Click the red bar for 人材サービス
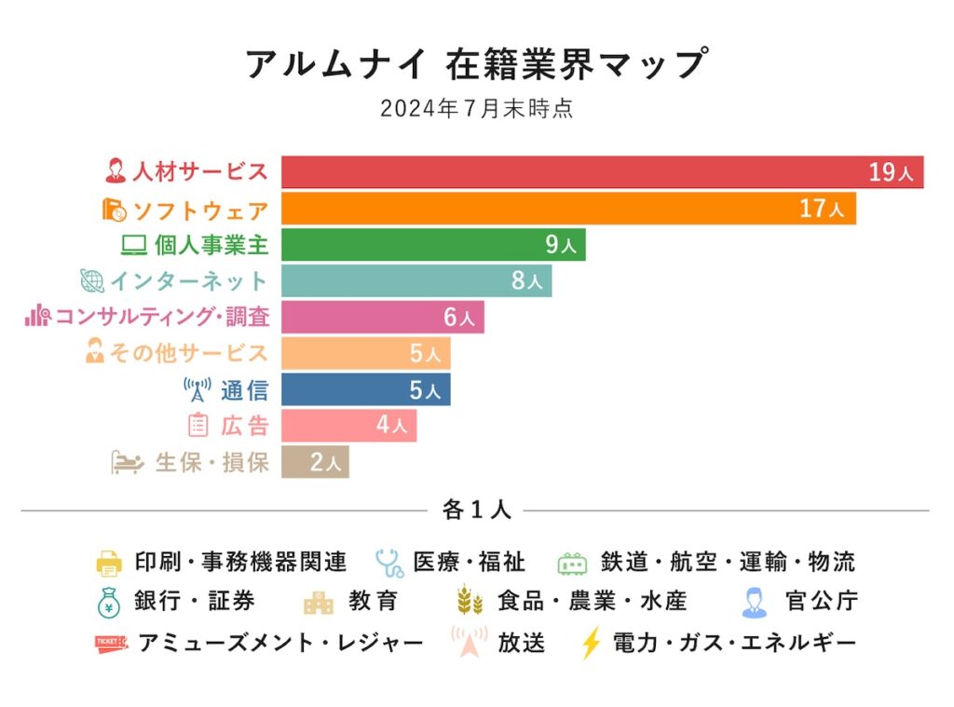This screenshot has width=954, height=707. coord(578,172)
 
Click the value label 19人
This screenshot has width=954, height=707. coord(893,172)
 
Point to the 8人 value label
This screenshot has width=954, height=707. coord(526,281)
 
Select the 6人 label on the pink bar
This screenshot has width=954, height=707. coord(458,318)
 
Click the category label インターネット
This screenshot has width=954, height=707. coord(189,280)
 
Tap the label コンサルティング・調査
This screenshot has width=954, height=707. coord(162,317)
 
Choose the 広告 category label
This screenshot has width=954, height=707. coord(245,426)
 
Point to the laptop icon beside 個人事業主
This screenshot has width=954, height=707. coord(134,245)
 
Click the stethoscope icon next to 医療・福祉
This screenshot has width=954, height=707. coord(388,563)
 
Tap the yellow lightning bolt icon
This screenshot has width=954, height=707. coord(591,644)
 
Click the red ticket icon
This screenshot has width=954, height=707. coord(111,643)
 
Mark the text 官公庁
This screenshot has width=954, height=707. coord(821,602)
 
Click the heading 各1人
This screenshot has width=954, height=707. coord(477,510)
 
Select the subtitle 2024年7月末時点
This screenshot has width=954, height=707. coord(476,109)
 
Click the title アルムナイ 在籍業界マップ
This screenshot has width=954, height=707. coord(476,64)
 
